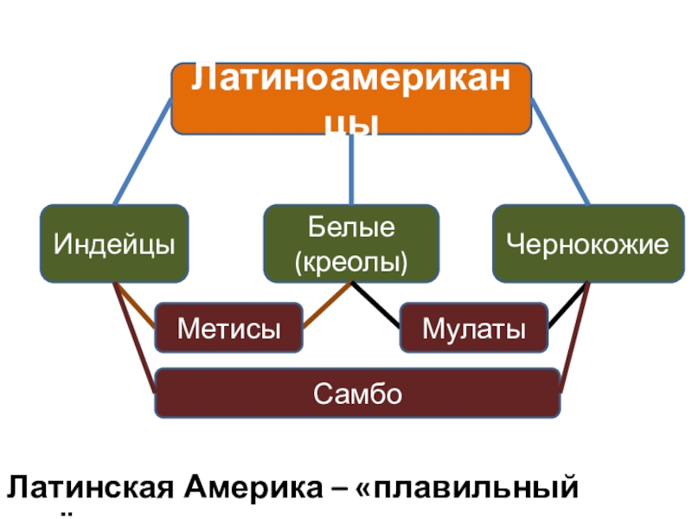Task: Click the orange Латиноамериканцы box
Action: pyautogui.click(x=350, y=98)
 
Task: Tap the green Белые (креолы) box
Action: pyautogui.click(x=350, y=243)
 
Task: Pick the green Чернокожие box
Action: pyautogui.click(x=587, y=243)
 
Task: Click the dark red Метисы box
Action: pyautogui.click(x=228, y=327)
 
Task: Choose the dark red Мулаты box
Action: pyautogui.click(x=473, y=327)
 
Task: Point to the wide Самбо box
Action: pyautogui.click(x=356, y=393)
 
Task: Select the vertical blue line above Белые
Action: pyautogui.click(x=352, y=170)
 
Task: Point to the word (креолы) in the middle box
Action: pyautogui.click(x=350, y=259)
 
